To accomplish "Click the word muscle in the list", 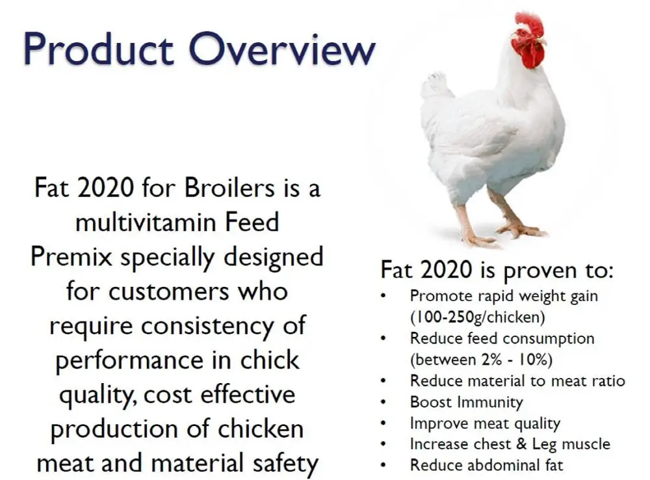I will (x=585, y=444).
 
